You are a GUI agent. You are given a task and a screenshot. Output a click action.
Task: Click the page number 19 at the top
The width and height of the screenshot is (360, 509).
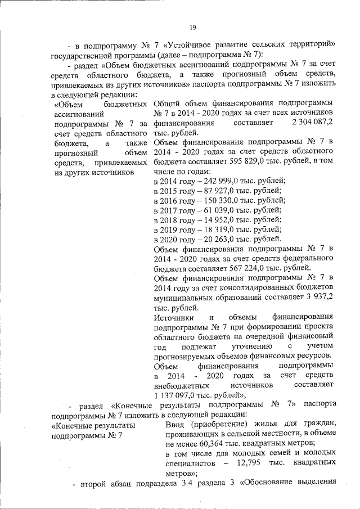pos(192,27)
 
